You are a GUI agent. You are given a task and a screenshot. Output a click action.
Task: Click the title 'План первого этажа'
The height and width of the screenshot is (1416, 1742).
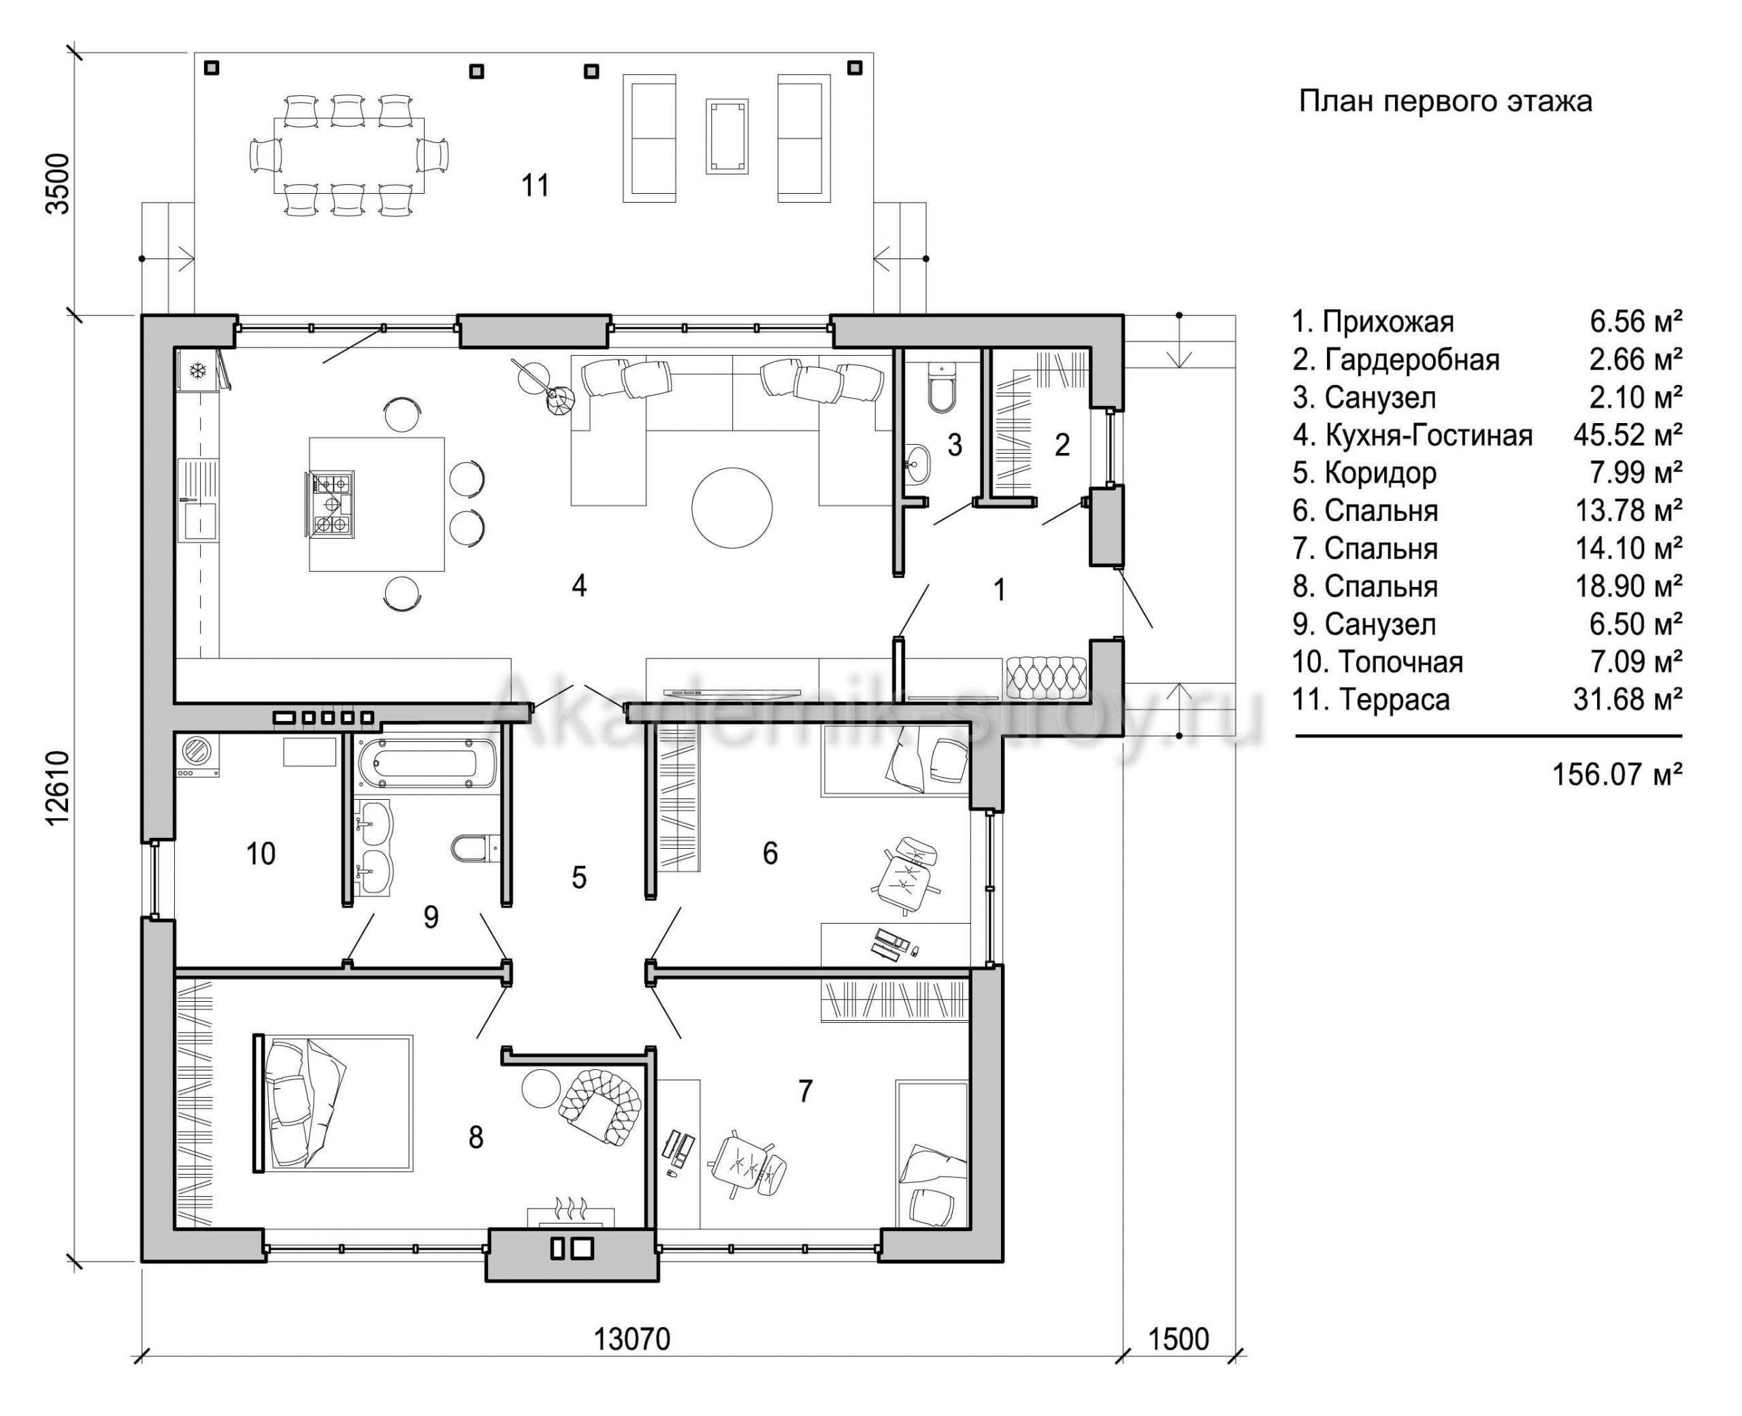[x=1445, y=101]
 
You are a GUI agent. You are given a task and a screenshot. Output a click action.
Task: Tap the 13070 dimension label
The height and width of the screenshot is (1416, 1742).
[x=631, y=1338]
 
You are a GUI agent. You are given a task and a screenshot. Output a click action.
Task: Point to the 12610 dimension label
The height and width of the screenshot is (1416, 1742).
[x=58, y=788]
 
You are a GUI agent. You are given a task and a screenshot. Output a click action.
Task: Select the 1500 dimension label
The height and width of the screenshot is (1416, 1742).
[x=1178, y=1338]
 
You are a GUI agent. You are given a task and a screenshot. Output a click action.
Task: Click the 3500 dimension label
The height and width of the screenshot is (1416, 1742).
[x=58, y=184]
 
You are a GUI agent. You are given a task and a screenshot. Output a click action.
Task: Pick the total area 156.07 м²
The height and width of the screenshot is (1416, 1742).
[x=1616, y=774]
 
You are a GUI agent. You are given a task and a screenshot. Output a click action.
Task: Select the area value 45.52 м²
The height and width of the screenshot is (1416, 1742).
[x=1628, y=435]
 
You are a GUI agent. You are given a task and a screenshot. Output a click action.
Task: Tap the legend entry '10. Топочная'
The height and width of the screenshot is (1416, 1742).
[x=1377, y=662]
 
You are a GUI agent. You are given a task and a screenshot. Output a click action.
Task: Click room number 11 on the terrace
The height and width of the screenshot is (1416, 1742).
[x=536, y=185]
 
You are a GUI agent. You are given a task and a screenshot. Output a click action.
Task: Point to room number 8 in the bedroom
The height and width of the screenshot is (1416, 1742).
[x=476, y=1137]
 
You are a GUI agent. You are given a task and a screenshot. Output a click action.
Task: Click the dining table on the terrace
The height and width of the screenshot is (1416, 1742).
[x=348, y=155]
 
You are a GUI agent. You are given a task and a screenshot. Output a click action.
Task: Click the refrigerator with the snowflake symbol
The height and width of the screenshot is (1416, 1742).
[x=198, y=372]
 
